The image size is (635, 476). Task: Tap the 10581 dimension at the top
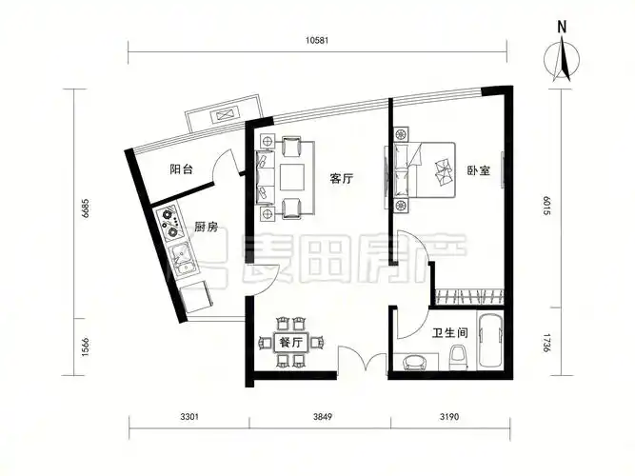(x=319, y=40)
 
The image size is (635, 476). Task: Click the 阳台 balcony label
(x=182, y=169)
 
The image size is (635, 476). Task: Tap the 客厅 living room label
(x=342, y=178)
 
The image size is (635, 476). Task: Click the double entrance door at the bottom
(x=363, y=363)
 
